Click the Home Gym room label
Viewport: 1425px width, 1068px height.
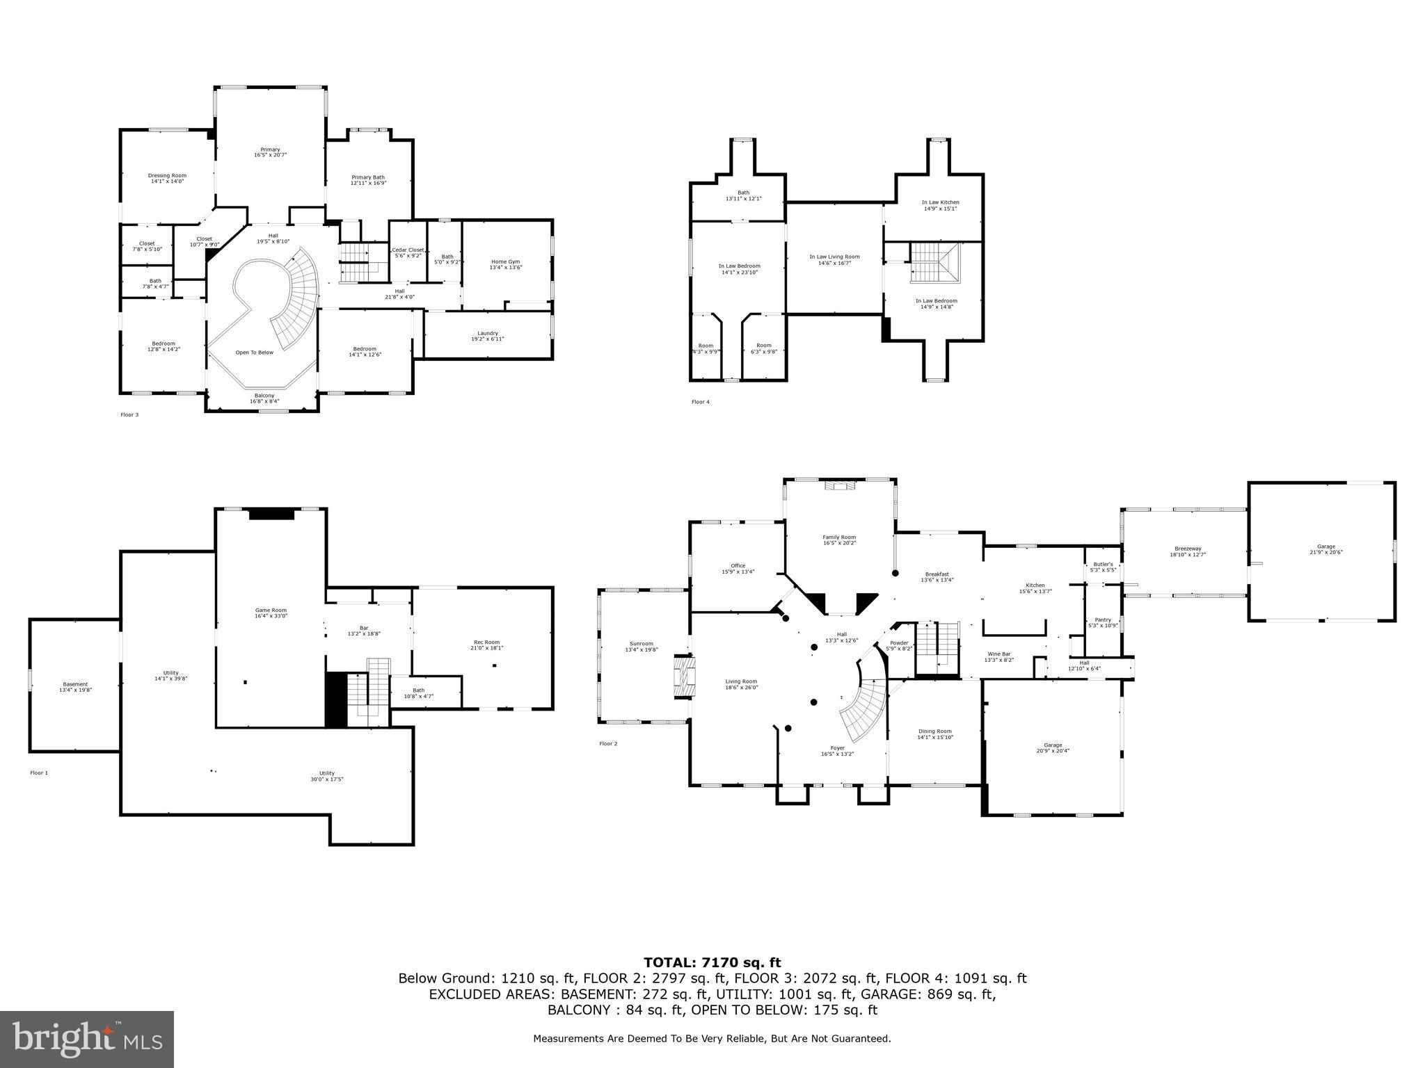coord(506,264)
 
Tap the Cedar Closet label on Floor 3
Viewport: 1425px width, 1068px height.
coord(408,252)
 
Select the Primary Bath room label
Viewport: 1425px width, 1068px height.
coord(368,180)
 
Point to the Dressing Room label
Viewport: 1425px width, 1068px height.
coord(167,178)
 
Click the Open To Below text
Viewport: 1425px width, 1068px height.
coord(254,353)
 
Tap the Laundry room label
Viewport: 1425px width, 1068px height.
coord(488,336)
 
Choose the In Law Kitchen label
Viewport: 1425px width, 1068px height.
coord(940,205)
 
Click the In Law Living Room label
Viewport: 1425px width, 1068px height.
coord(834,259)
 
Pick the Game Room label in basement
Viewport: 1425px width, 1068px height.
coord(271,613)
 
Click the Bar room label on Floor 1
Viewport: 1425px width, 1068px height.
coord(364,631)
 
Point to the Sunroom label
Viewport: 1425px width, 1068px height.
coord(639,647)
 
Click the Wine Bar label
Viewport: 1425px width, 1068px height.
coord(998,656)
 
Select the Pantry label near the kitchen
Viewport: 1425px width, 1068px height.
coord(1103,622)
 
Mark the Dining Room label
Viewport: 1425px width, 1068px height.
coord(934,734)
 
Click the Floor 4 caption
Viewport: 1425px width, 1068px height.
coord(701,402)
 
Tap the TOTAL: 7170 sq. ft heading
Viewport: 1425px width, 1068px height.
coord(712,962)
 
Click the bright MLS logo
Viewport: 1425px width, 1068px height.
coord(87,1039)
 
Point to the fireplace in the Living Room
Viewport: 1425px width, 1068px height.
coord(683,675)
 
